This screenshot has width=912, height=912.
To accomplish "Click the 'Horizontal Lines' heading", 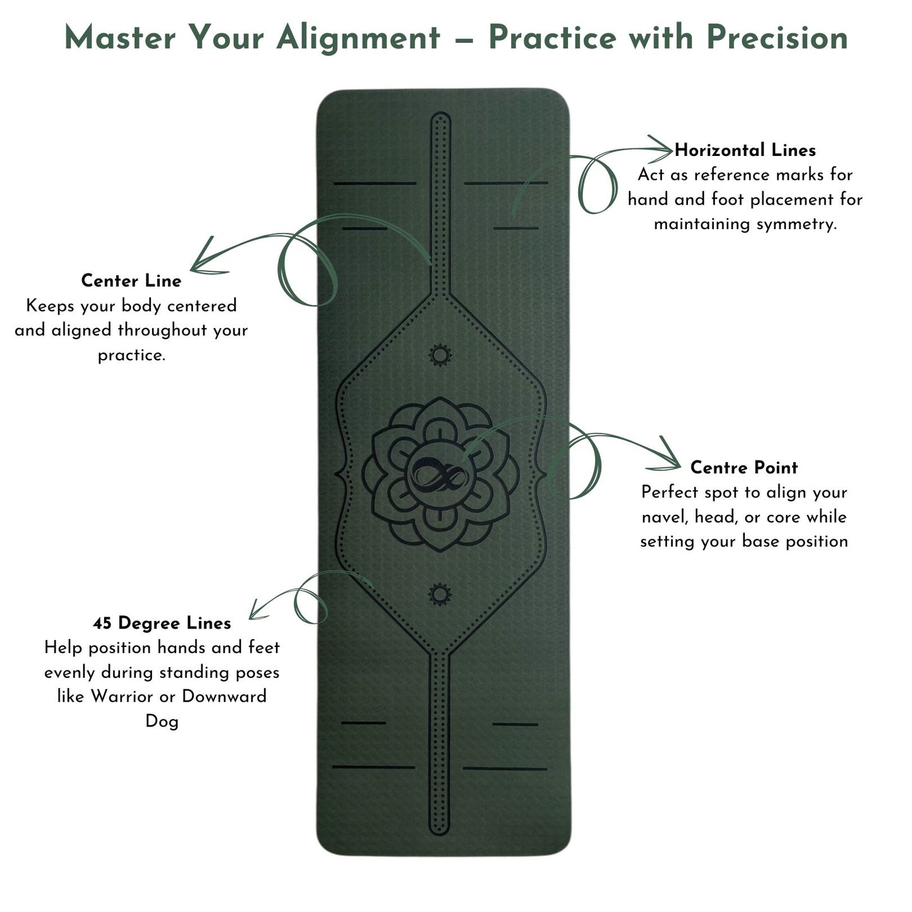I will click(x=745, y=150).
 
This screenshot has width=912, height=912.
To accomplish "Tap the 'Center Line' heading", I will click(x=131, y=281).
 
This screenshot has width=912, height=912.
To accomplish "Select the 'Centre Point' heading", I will click(x=743, y=468).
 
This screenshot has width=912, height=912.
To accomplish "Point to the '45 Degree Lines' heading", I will click(x=162, y=624).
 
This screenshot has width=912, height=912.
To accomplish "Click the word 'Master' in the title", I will click(x=120, y=38).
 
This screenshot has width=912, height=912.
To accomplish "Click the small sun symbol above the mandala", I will click(x=440, y=355).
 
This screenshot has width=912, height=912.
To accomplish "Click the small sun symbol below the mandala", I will click(x=440, y=594).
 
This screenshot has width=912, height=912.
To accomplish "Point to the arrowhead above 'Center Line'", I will click(x=203, y=259).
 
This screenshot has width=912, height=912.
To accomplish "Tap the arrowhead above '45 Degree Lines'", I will click(x=257, y=610).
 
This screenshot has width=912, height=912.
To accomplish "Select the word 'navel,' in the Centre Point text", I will click(x=665, y=517).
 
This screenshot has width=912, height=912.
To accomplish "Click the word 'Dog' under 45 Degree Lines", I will click(x=162, y=721).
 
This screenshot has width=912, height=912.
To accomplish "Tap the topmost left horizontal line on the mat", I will click(x=375, y=184).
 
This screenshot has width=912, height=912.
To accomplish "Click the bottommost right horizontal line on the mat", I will click(x=504, y=769).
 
